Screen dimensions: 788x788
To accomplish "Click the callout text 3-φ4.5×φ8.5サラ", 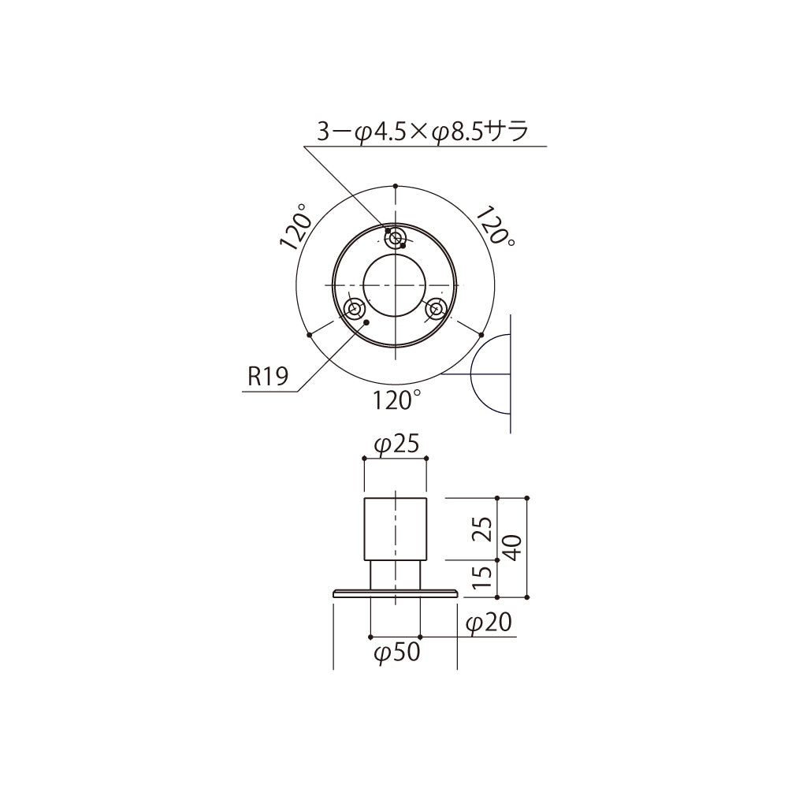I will (422, 131).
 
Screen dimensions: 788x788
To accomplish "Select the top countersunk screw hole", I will (395, 236).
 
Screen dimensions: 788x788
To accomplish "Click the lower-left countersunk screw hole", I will (355, 309).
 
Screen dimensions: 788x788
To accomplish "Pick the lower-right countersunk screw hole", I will (435, 309).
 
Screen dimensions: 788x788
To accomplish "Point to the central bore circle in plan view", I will (395, 284).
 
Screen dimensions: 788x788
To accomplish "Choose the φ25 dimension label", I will (396, 445).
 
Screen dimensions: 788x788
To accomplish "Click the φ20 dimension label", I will (489, 624).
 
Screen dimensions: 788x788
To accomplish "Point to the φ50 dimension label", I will (396, 653).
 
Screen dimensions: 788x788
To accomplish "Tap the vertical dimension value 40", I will (512, 547).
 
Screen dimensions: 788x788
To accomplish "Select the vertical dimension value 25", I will (485, 529).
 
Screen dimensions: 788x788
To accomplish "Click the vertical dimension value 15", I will (485, 578).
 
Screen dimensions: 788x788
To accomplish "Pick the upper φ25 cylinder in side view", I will (395, 529).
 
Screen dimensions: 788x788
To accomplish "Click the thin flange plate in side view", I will (395, 593).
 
